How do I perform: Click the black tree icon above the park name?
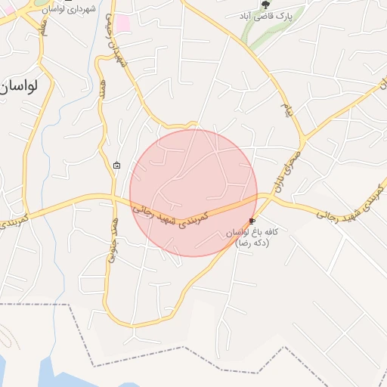pyautogui.click(x=264, y=5)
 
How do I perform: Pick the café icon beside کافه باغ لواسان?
pyautogui.click(x=252, y=221)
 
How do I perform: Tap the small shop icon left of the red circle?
pyautogui.click(x=116, y=165)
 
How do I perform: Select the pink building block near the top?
pyautogui.click(x=122, y=23)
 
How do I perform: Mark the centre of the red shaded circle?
pyautogui.click(x=193, y=193)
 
